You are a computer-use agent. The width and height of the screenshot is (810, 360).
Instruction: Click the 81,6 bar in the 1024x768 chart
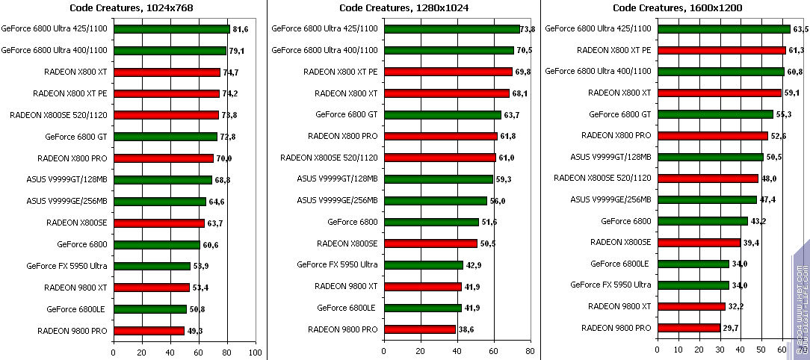171,29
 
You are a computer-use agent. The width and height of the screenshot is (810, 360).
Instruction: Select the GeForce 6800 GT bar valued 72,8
165,137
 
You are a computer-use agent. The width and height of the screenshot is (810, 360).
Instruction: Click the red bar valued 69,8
447,72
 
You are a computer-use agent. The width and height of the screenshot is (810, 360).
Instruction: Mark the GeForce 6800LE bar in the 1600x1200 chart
693,264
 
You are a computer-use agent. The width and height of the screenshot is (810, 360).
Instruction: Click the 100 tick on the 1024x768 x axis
256,351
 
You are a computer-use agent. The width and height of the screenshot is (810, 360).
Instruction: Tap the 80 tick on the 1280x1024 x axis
530,351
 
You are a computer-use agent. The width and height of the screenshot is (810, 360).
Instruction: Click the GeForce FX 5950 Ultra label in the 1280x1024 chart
337,264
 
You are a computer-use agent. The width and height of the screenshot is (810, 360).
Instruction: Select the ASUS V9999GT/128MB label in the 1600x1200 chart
610,158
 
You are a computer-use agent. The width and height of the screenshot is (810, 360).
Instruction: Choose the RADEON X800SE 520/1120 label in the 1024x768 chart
59,115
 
